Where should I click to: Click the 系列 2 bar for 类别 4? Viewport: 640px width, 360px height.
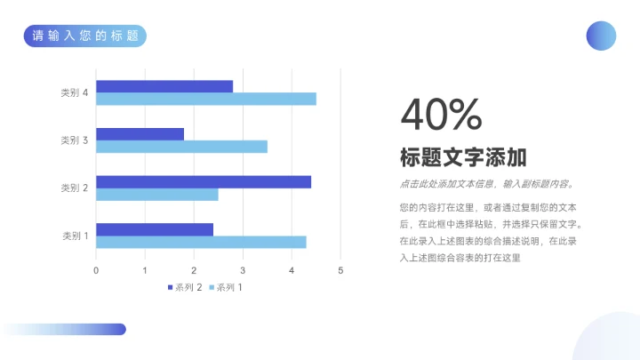[164, 86]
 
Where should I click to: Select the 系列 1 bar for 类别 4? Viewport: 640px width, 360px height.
[206, 99]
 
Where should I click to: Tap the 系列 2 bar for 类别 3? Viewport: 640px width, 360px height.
[140, 134]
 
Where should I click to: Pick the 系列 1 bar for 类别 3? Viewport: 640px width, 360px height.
[181, 147]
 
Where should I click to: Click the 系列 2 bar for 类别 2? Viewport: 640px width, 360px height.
[204, 181]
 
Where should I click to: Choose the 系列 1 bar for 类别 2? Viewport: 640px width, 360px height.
[157, 194]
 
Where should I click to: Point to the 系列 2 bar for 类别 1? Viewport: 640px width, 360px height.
[155, 229]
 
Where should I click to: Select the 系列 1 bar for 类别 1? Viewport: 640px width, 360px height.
[201, 242]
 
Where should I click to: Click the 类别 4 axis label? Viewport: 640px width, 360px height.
[74, 92]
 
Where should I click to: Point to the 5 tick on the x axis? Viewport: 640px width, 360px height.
[340, 269]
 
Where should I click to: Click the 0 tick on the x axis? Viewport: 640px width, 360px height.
[96, 269]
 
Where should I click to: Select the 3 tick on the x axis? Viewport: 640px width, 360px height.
[243, 269]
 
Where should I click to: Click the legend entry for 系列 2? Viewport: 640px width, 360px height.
[185, 287]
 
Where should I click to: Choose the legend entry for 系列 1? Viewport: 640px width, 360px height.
[226, 287]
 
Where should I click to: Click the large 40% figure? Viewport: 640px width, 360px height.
[441, 115]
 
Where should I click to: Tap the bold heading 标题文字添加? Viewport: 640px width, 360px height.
[463, 158]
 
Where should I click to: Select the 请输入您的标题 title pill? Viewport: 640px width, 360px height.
[85, 36]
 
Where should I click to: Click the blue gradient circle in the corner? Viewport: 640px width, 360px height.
[601, 36]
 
